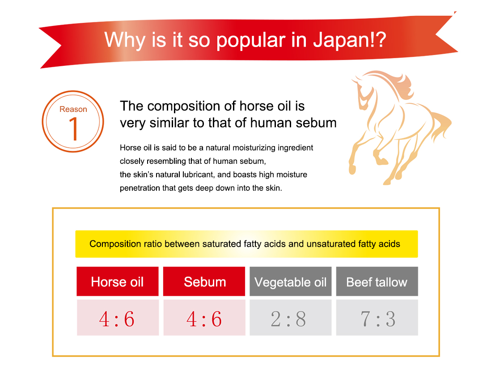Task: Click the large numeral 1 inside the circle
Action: (x=74, y=128)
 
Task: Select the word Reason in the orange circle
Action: (x=73, y=109)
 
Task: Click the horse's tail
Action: (x=440, y=126)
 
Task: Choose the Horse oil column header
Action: (x=118, y=282)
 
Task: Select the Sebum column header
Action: (x=204, y=282)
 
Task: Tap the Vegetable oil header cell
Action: (x=291, y=282)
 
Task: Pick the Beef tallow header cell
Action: (x=377, y=282)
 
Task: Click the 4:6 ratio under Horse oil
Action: (x=117, y=319)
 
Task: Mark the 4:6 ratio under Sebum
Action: (x=204, y=319)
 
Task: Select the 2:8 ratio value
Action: (x=288, y=319)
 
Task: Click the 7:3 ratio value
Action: (x=378, y=319)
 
